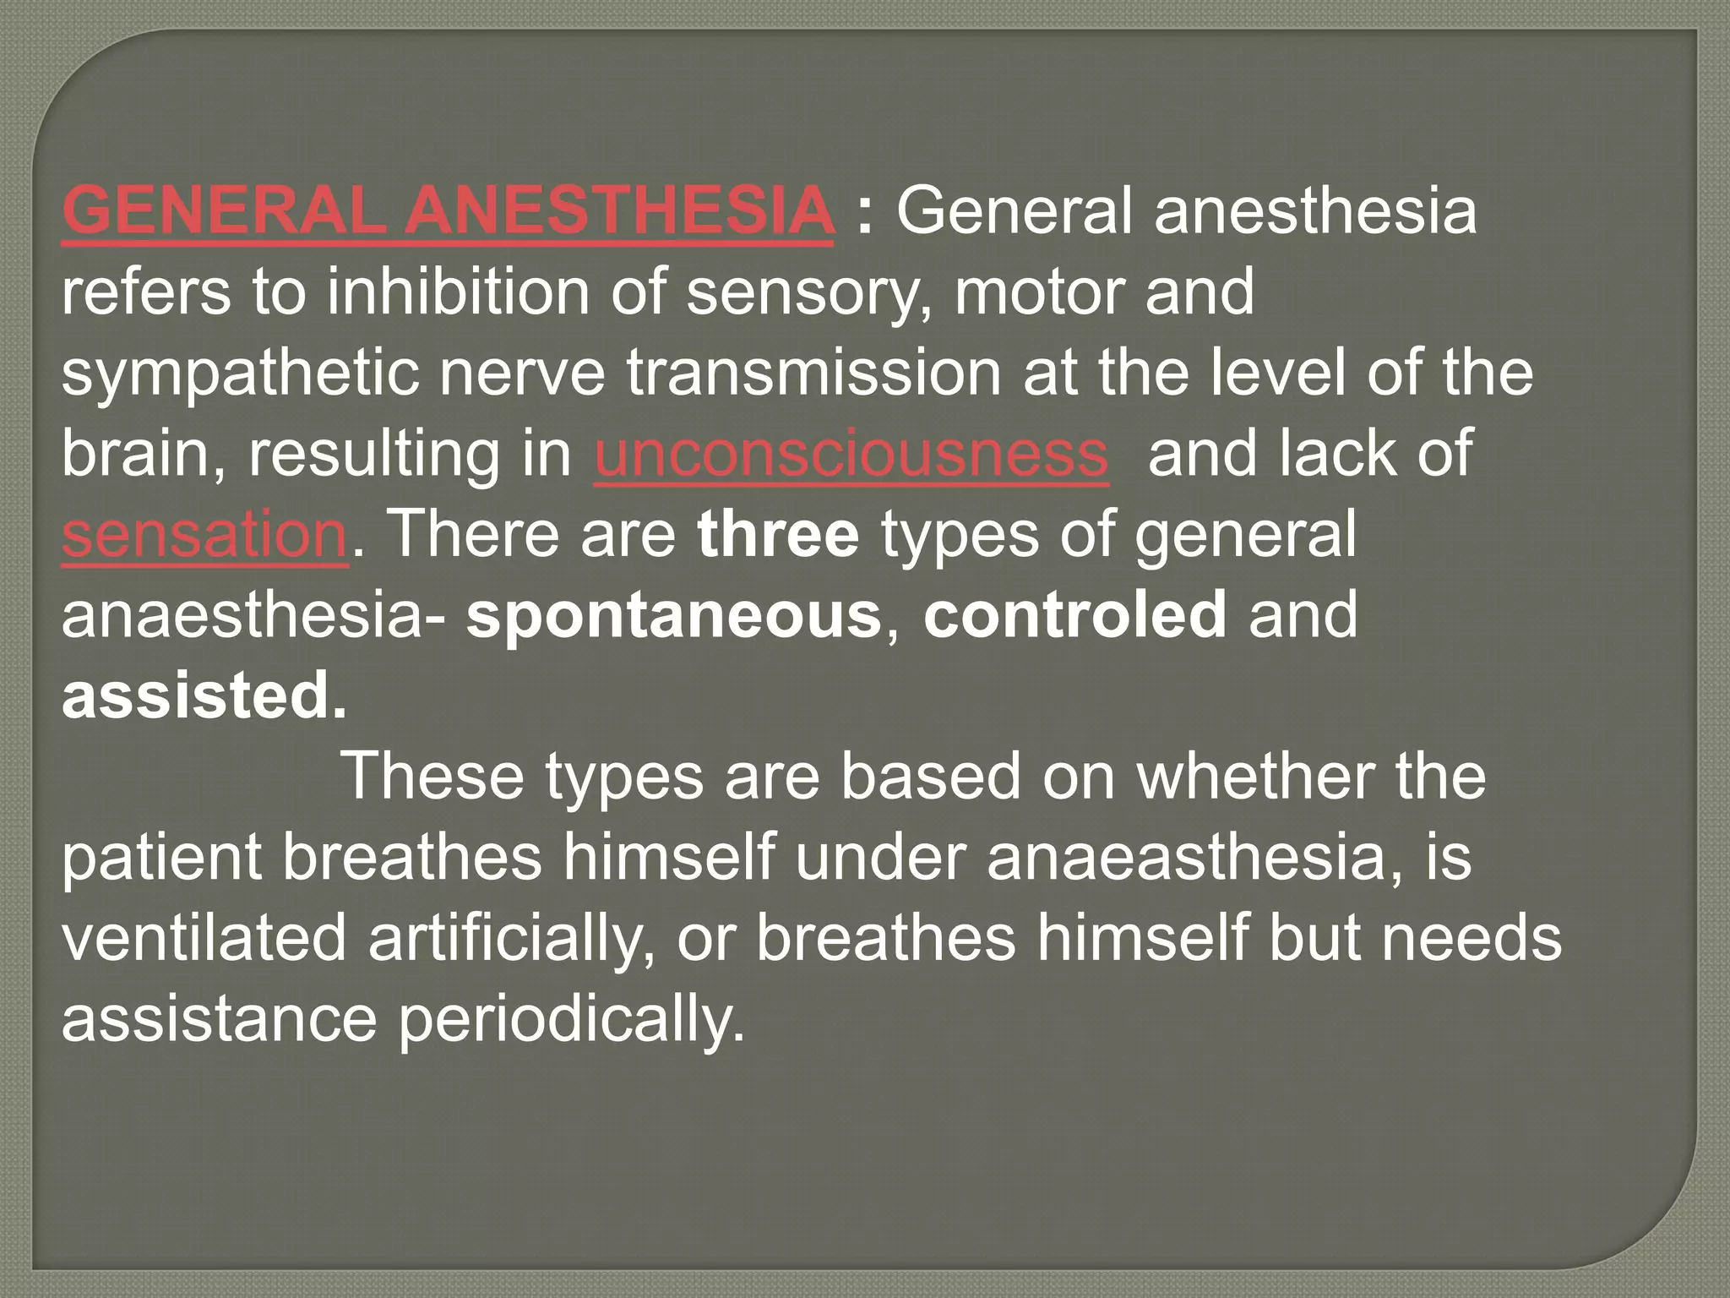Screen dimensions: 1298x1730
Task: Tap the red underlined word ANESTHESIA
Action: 617,210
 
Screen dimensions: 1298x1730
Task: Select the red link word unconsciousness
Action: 851,454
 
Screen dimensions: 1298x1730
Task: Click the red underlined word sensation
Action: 204,535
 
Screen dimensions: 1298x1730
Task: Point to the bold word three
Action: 778,535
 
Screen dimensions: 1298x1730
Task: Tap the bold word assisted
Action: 204,697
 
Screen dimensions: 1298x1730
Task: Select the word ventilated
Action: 204,939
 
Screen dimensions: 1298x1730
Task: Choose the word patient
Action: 161,858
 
